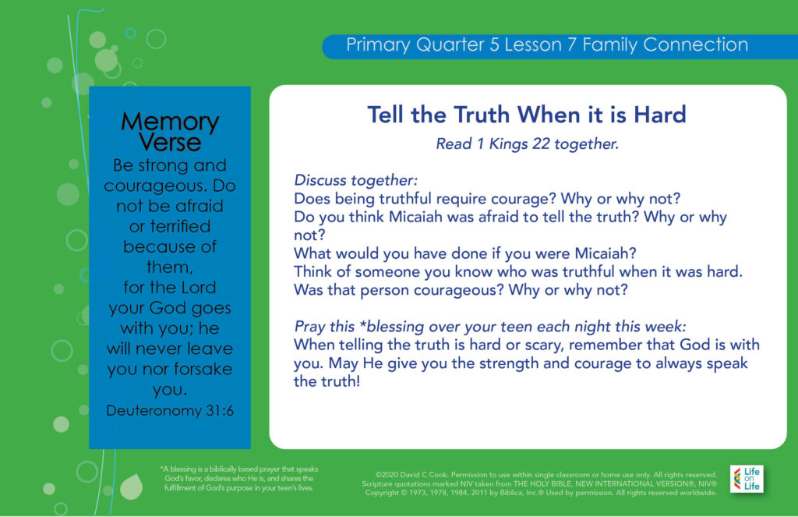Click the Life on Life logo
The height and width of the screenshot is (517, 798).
pos(747,479)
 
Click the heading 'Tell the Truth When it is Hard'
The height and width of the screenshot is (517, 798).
pos(527,115)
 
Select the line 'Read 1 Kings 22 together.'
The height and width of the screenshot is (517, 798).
pos(528,144)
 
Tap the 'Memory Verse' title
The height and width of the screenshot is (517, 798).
pos(170,132)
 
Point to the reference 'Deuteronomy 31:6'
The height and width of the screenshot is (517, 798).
pos(170,410)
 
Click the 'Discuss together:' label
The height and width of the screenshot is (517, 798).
pos(355,180)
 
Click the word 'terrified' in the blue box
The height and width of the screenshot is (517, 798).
pos(180,226)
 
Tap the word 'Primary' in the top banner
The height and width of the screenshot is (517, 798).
pos(378,45)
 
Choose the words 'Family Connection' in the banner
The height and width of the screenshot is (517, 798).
pos(666,44)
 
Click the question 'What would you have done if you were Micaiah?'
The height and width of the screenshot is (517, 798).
pos(465,253)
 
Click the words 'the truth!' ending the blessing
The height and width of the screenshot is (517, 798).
pos(327,381)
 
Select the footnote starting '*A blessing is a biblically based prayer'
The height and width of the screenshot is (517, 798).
pos(238,478)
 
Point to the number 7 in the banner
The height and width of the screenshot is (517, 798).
pos(572,44)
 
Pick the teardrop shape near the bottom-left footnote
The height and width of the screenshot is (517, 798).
pos(131,487)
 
